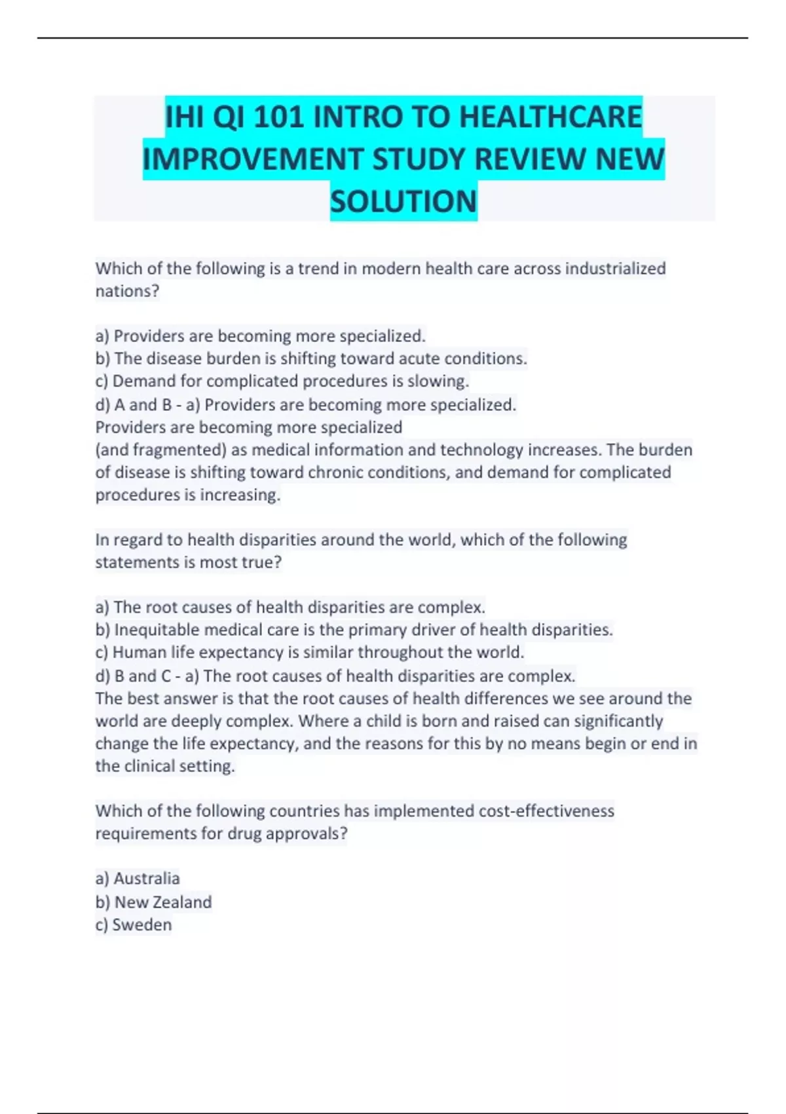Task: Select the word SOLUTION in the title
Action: pos(403,201)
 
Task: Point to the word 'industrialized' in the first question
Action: pos(615,269)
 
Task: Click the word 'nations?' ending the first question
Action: pos(128,291)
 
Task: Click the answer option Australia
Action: pos(146,879)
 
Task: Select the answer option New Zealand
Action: pos(162,902)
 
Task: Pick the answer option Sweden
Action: pos(141,925)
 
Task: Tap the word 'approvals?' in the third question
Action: pos(306,834)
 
